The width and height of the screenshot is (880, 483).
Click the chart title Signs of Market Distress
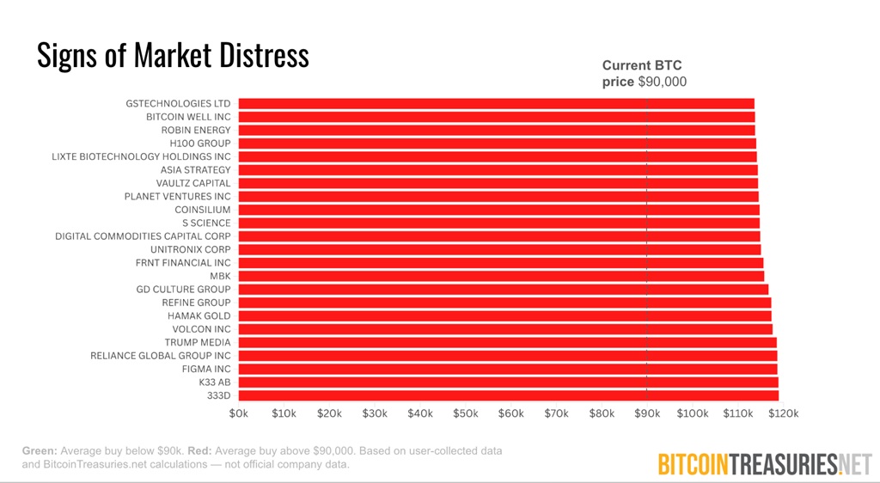tap(173, 56)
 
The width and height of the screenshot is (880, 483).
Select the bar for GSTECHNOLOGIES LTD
tap(496, 103)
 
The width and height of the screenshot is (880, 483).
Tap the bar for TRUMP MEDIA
tap(507, 342)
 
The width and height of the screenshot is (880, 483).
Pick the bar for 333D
tap(508, 395)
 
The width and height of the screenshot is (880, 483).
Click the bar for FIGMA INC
tap(507, 369)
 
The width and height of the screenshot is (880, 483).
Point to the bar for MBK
tap(500, 276)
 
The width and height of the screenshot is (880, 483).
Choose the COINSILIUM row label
tap(202, 210)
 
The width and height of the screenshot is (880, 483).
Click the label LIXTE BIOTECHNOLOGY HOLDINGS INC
tap(141, 156)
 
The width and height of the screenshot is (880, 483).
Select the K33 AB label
tap(215, 382)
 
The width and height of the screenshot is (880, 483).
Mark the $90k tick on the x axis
tap(647, 414)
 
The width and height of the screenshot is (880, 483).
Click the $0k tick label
tap(239, 414)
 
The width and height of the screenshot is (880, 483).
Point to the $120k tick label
tap(783, 414)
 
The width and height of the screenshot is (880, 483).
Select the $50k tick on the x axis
tap(466, 414)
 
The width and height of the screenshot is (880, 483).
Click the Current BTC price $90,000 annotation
tap(644, 74)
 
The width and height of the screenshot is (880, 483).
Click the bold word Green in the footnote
tap(39, 450)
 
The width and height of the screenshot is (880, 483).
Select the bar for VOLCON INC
tap(505, 329)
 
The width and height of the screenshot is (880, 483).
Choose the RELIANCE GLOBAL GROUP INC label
tap(161, 355)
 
